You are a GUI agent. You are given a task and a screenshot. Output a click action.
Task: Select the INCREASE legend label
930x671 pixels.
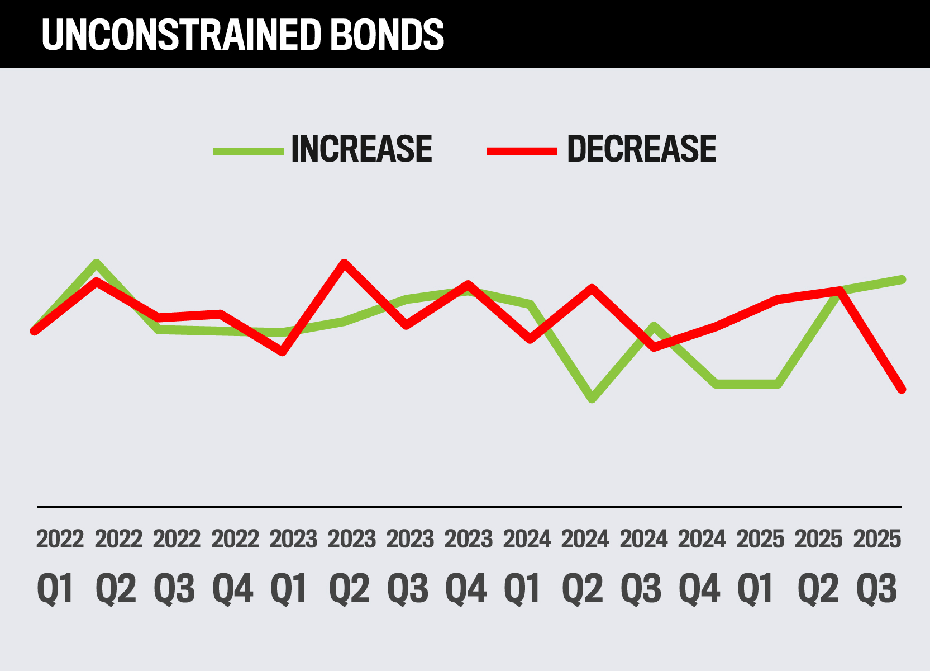361,149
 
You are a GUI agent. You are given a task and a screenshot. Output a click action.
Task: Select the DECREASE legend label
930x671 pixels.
641,149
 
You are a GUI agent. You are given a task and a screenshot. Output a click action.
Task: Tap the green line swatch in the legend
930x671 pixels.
249,151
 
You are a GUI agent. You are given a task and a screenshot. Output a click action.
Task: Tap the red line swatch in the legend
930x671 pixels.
522,151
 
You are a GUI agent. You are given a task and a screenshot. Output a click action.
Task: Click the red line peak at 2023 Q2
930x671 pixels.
345,263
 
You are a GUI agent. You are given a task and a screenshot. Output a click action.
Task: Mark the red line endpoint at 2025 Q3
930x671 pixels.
902,389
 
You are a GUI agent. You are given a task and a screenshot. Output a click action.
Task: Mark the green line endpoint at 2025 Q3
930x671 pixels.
902,279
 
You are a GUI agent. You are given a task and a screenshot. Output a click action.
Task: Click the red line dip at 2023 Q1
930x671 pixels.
283,352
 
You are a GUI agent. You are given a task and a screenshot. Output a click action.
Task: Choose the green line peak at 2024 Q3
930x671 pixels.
654,326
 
